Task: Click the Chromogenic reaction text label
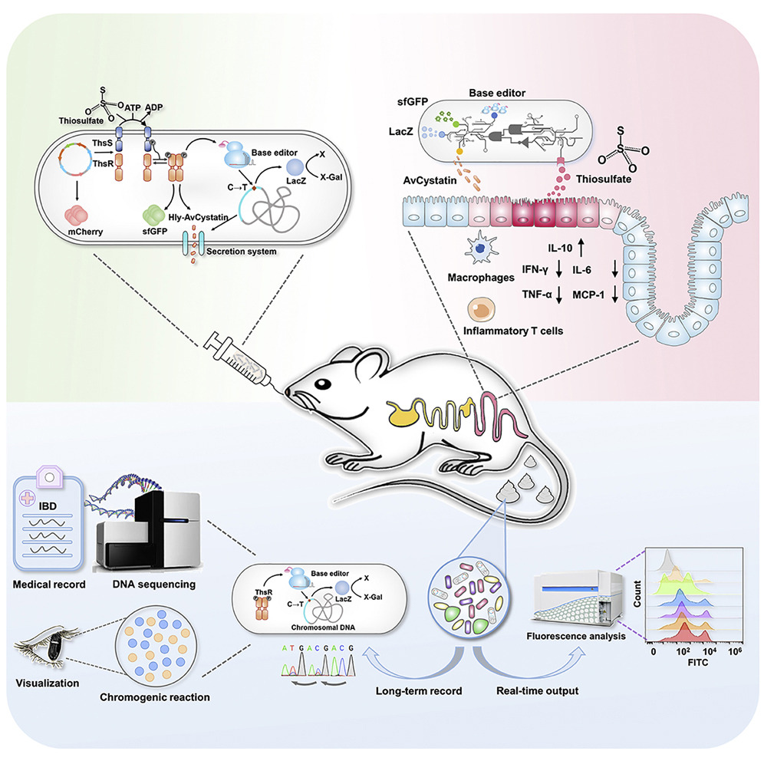point(154,697)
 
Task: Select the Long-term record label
point(418,691)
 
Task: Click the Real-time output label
point(531,691)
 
